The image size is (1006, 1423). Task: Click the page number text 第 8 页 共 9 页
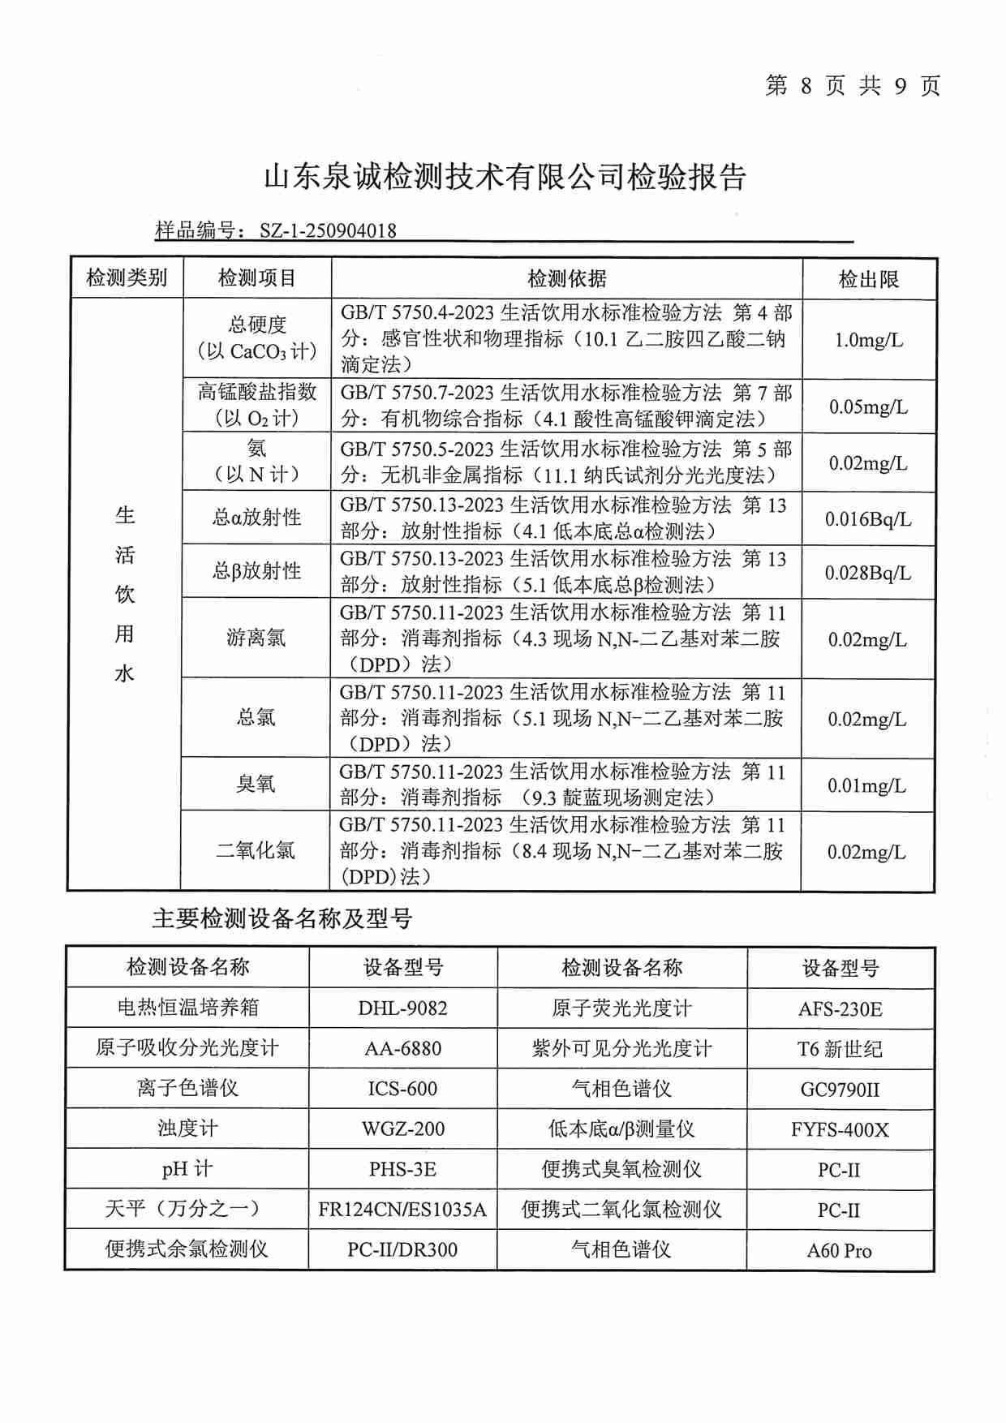click(x=852, y=86)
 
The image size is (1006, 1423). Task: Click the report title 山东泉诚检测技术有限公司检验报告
click(x=505, y=177)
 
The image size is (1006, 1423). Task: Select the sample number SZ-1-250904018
click(x=328, y=230)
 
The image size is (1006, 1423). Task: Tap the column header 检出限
click(x=868, y=280)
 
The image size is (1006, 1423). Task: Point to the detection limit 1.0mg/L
click(x=868, y=340)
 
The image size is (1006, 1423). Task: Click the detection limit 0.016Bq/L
click(x=868, y=519)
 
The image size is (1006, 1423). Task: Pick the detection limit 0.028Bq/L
click(x=868, y=573)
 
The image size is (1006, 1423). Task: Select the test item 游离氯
click(x=256, y=638)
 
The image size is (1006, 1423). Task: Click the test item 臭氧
click(x=256, y=785)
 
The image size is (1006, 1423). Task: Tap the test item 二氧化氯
click(x=256, y=851)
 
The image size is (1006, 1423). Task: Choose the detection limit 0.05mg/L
click(x=868, y=407)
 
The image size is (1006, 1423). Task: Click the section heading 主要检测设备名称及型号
click(x=282, y=918)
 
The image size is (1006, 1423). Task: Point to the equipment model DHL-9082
click(x=402, y=1008)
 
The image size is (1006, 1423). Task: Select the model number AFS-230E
click(x=840, y=1009)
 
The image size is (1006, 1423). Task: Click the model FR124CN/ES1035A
click(x=402, y=1210)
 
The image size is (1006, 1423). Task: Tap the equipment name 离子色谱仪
click(x=187, y=1089)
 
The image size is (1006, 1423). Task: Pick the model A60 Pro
click(x=840, y=1250)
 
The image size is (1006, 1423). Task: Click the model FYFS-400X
click(x=840, y=1129)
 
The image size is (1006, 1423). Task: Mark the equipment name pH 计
click(x=187, y=1169)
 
